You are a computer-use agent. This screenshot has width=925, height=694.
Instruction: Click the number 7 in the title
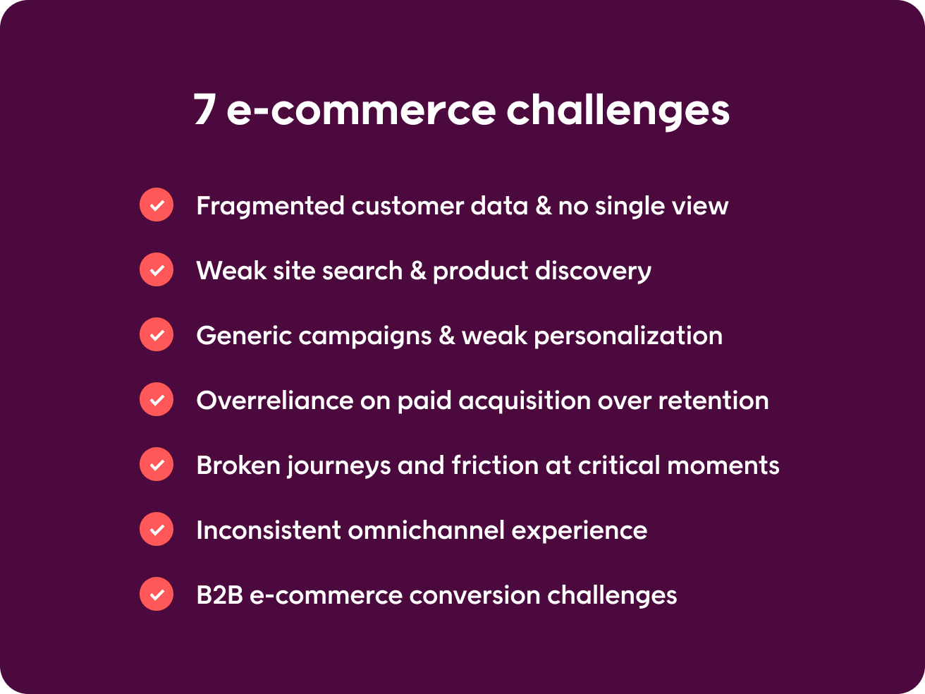pyautogui.click(x=205, y=109)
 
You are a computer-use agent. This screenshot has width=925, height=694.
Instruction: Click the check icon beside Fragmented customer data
pyautogui.click(x=157, y=205)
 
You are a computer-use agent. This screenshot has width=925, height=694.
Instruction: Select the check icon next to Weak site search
pyautogui.click(x=157, y=269)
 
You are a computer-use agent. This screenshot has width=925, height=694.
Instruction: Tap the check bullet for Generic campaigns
pyautogui.click(x=157, y=334)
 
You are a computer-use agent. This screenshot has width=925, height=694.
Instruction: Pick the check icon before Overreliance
pyautogui.click(x=157, y=399)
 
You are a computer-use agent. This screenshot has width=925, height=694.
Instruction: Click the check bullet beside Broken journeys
pyautogui.click(x=157, y=464)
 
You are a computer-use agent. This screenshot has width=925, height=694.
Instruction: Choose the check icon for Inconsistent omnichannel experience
pyautogui.click(x=157, y=529)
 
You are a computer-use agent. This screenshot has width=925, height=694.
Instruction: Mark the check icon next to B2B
pyautogui.click(x=157, y=594)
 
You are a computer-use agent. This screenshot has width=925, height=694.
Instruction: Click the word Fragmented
pyautogui.click(x=271, y=206)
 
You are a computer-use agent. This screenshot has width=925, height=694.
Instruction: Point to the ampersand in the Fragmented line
pyautogui.click(x=543, y=206)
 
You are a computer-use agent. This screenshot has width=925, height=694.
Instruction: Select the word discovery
pyautogui.click(x=594, y=271)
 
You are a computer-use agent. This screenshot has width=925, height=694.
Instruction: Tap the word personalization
pyautogui.click(x=628, y=336)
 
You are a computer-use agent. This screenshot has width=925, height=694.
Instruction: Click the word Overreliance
pyautogui.click(x=275, y=401)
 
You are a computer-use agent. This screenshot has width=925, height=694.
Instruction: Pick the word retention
pyautogui.click(x=713, y=401)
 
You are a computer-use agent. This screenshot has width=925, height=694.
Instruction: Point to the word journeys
pyautogui.click(x=339, y=466)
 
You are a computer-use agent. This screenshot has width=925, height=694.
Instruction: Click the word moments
pyautogui.click(x=723, y=466)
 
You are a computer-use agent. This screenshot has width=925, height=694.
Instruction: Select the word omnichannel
pyautogui.click(x=427, y=530)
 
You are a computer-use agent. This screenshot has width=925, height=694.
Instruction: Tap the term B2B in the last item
pyautogui.click(x=219, y=595)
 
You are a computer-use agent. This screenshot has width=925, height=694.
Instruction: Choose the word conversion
pyautogui.click(x=475, y=596)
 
